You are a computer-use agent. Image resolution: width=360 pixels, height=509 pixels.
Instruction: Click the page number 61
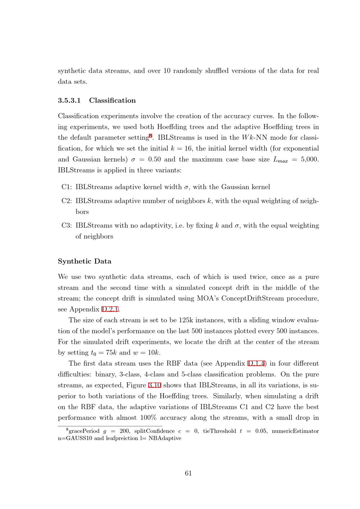188,473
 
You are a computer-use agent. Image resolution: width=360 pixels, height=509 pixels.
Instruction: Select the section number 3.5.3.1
69,100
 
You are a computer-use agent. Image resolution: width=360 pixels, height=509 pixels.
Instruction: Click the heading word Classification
112,100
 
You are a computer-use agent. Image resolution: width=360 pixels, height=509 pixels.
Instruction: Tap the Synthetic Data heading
85,261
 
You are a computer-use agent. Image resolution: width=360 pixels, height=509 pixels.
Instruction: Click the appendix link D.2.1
110,309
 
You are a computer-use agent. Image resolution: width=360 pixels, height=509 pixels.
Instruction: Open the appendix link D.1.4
256,364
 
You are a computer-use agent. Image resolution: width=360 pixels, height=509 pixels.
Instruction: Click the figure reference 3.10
155,385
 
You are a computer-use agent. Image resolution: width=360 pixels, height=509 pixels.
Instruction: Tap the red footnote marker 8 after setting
151,136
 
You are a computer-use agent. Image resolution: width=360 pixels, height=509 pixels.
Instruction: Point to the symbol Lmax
280,160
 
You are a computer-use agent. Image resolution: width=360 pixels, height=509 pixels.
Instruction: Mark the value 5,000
310,159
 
